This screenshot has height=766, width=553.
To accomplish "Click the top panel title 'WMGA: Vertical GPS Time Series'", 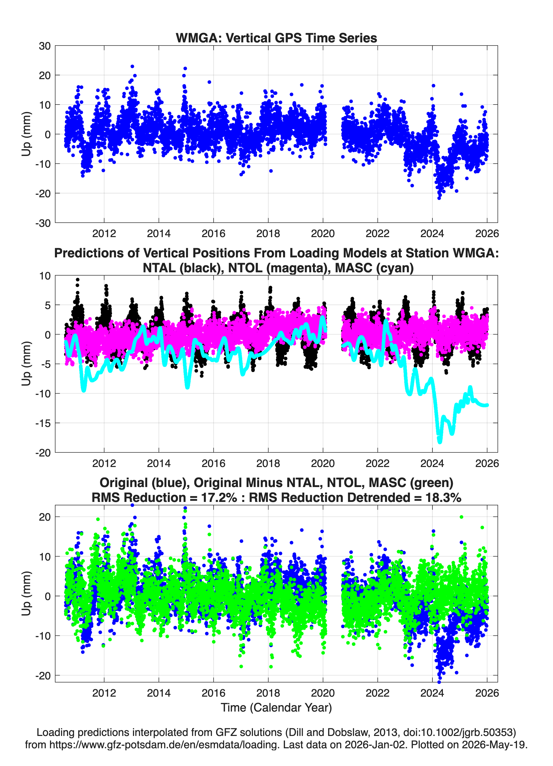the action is [x=276, y=38].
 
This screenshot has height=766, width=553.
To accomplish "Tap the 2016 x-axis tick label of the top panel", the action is [x=213, y=233].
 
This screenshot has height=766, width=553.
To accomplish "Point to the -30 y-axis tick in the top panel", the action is [x=43, y=223].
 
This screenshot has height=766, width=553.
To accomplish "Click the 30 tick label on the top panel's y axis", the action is [x=45, y=46].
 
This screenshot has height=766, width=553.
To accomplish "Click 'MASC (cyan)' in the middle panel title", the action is [x=374, y=268].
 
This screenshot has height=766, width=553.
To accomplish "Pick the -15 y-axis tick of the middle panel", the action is [x=43, y=423].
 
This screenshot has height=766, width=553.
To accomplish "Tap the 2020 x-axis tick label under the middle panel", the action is [x=323, y=463].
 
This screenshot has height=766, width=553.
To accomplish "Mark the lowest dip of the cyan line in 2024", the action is [x=440, y=442].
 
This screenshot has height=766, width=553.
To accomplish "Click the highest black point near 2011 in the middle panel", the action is [x=78, y=280].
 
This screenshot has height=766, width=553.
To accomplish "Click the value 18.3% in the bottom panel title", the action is [x=443, y=498].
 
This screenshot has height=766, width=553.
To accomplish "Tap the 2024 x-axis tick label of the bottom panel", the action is [x=432, y=693].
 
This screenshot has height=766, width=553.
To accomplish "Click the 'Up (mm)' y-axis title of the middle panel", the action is [x=26, y=364].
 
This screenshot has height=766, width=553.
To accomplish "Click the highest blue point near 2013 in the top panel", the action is [x=132, y=67].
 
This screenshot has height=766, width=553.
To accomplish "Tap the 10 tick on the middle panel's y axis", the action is [x=45, y=276].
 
